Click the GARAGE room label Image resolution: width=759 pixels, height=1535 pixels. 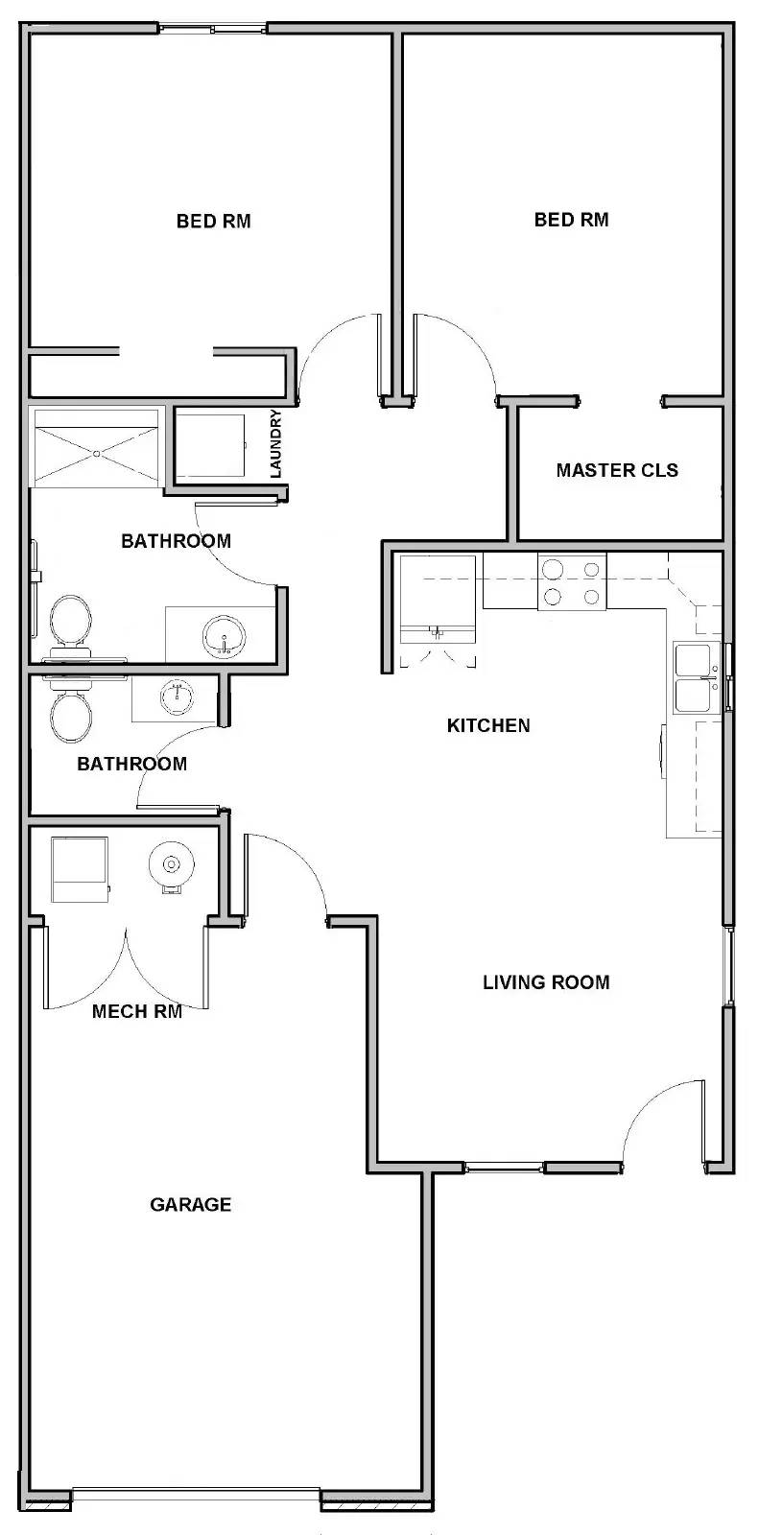(191, 1204)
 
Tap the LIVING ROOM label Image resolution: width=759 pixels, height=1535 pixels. (546, 982)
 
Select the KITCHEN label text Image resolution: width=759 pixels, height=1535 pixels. (488, 725)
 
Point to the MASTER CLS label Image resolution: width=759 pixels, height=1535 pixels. (617, 470)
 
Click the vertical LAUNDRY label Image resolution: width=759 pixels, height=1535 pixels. (275, 443)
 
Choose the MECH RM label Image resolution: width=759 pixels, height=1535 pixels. (137, 1011)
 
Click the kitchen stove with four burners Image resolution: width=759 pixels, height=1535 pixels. (572, 580)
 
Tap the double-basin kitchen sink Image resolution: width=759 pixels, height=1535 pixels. (696, 677)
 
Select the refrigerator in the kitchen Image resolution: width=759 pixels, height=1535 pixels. (439, 599)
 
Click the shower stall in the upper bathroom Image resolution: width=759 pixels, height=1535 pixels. (96, 448)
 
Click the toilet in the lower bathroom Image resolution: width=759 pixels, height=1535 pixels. (71, 710)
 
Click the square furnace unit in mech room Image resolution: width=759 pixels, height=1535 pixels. (81, 869)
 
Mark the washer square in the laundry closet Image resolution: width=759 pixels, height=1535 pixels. (210, 445)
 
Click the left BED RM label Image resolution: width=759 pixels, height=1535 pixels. (214, 221)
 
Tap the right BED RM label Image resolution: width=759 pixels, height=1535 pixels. (571, 220)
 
